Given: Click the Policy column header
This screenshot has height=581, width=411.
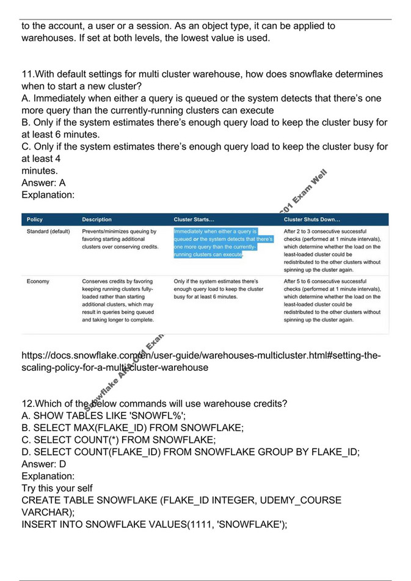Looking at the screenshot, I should [35, 219].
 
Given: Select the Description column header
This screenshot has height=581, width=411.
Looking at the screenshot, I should [96, 219].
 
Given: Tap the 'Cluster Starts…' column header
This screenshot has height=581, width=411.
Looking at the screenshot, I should [194, 219].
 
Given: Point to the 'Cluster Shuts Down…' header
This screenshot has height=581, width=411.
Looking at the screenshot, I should [312, 219].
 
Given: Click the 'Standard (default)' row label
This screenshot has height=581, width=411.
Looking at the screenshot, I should [48, 232].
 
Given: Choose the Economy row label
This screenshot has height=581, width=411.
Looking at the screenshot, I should [38, 282].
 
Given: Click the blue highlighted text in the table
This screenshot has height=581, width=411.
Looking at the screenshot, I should [223, 243].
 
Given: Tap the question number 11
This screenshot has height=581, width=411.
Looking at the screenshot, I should [27, 75].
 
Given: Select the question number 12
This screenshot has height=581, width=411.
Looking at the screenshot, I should [27, 404].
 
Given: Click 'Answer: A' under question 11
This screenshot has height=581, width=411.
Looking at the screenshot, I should [43, 183].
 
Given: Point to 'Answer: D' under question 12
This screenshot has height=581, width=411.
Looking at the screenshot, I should [44, 464].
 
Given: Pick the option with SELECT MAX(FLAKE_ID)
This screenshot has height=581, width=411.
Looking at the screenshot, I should [133, 428].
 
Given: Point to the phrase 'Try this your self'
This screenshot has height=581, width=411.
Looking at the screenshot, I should [57, 488].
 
